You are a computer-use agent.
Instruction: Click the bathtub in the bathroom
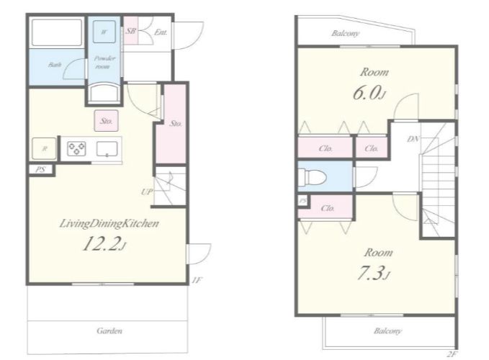[x=57, y=32]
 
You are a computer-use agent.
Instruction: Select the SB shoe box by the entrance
[x=131, y=30]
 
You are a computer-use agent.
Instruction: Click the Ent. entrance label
[x=161, y=32]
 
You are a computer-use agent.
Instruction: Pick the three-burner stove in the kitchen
[x=77, y=148]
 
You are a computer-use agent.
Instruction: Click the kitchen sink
[x=107, y=149]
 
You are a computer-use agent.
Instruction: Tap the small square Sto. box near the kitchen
[x=107, y=121]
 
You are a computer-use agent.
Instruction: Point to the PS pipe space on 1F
[x=41, y=169]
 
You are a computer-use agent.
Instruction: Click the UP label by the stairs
[x=147, y=192]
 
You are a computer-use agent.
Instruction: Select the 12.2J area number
[x=104, y=244]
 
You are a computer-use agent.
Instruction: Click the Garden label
[x=109, y=330]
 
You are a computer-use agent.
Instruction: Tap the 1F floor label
[x=197, y=280]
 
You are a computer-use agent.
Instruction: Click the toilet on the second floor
[x=312, y=177]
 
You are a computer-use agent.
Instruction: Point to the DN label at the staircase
[x=413, y=139]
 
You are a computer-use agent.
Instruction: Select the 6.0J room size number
[x=368, y=93]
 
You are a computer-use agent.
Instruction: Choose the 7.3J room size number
[x=372, y=274]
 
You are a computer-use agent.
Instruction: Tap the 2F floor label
[x=452, y=354]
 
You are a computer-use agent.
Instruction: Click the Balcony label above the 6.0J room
[x=345, y=33]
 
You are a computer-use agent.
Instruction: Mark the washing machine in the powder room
[x=104, y=32]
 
